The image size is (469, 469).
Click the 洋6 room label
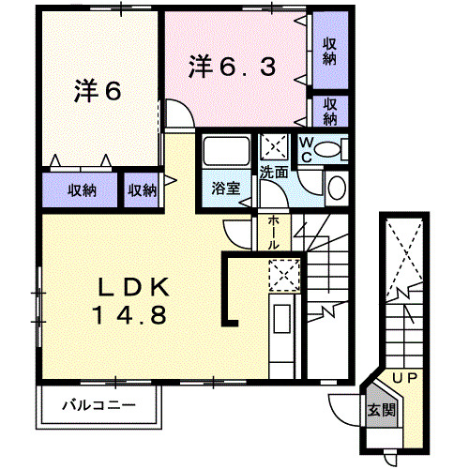(x=97, y=92)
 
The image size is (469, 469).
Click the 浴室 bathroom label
(x=225, y=188)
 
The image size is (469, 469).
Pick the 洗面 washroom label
(x=275, y=173)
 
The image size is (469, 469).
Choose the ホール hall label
(x=272, y=231)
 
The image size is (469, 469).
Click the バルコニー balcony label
(x=99, y=406)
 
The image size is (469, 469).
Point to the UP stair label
(x=405, y=377)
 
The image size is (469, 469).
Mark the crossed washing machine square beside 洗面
(x=276, y=146)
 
